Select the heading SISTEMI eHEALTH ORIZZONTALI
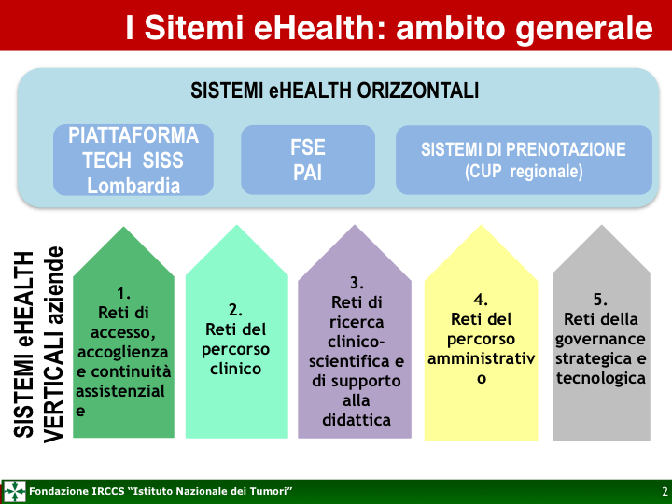[334, 91]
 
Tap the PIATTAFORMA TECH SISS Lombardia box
[133, 160]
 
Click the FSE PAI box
[308, 160]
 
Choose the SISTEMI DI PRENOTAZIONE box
[524, 160]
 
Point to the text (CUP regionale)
[524, 172]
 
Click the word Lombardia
[133, 186]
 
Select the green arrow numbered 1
[123, 332]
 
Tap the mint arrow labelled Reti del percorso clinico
[236, 331]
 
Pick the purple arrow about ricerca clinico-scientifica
[355, 331]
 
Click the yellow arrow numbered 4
[481, 332]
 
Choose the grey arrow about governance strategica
[602, 332]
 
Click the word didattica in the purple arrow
[357, 420]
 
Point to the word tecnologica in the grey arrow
[601, 378]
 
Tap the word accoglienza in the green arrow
[123, 352]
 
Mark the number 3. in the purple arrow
[357, 283]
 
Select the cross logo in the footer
[15, 491]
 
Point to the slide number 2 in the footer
[665, 491]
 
